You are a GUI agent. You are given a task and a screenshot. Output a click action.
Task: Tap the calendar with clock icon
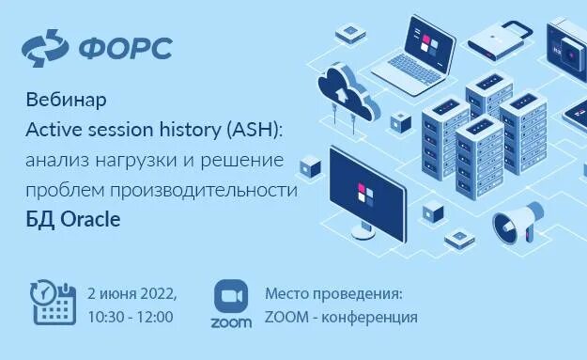coord(53,302)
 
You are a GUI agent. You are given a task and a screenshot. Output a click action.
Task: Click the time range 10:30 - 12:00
coord(130,317)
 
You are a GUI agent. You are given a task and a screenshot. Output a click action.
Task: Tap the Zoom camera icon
coord(231,296)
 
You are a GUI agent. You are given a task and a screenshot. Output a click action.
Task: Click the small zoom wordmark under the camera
coord(231,322)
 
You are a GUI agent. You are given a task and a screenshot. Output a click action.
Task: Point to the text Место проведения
coord(332,291)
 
